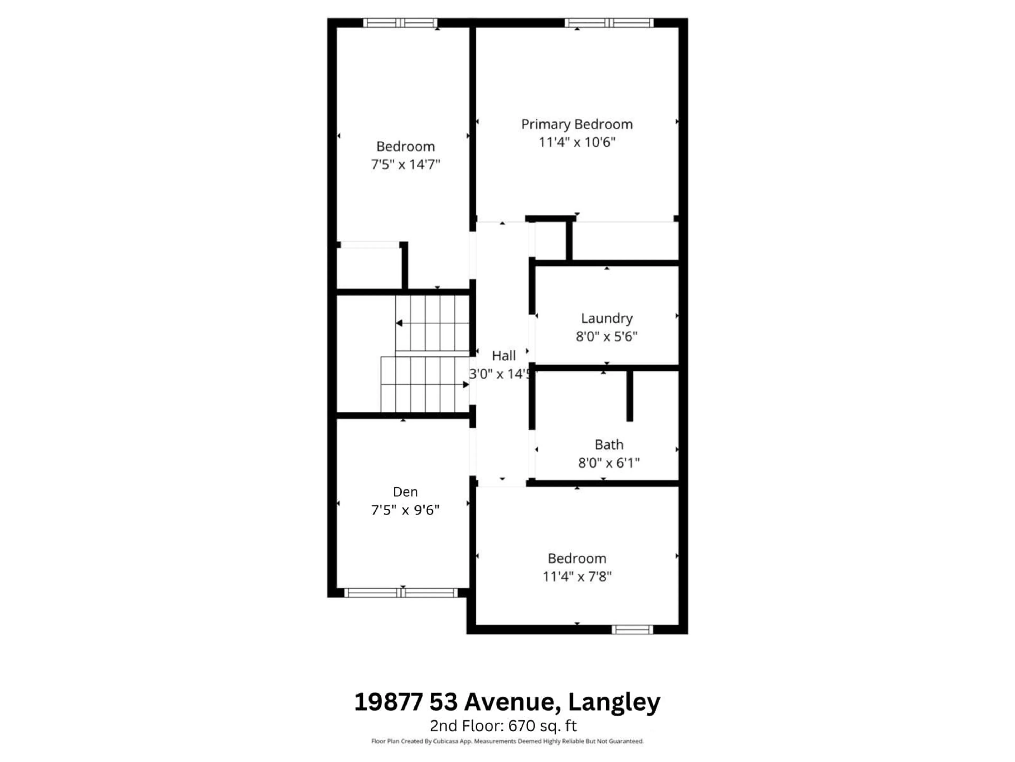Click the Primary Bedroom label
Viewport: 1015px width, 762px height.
(577, 124)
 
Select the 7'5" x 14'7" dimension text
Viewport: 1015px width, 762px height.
(405, 164)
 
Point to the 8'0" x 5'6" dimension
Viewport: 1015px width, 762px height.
(607, 336)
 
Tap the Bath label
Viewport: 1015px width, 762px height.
(609, 444)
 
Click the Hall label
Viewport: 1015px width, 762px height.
(503, 356)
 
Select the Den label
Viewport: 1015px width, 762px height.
(405, 492)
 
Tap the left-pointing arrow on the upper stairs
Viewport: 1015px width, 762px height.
(399, 323)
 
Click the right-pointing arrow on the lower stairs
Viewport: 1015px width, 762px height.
(465, 384)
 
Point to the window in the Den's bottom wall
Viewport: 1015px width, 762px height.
(401, 593)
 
